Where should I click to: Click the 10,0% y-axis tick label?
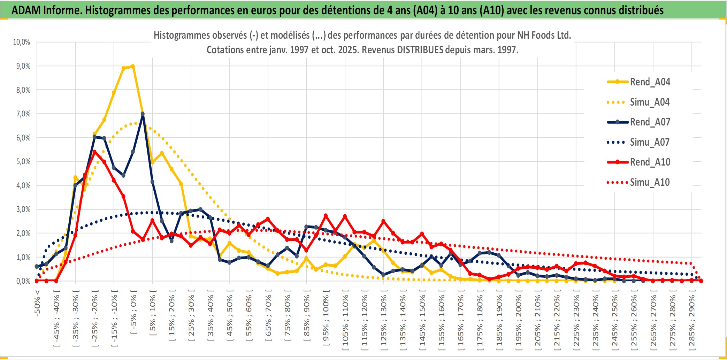[22, 42]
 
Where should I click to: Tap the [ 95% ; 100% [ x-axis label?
[326, 320]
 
